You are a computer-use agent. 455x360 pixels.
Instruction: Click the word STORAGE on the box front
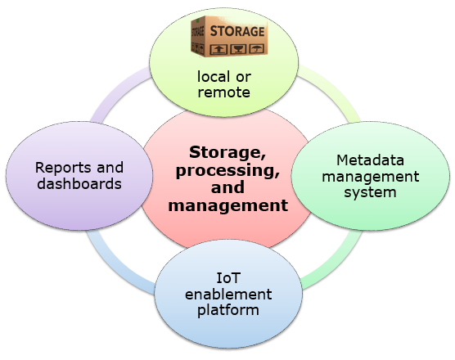pyautogui.click(x=237, y=31)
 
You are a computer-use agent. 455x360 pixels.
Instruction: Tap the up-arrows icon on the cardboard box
pyautogui.click(x=218, y=49)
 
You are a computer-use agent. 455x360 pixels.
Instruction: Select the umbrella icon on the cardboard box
pyautogui.click(x=256, y=48)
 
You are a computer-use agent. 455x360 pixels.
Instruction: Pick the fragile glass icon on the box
pyautogui.click(x=238, y=49)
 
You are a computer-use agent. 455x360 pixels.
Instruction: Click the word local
pyautogui.click(x=212, y=77)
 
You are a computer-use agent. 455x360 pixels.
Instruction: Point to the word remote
pyautogui.click(x=223, y=92)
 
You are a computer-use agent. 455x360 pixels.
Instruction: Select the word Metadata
pyautogui.click(x=370, y=160)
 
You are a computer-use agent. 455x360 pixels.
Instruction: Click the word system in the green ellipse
pyautogui.click(x=370, y=192)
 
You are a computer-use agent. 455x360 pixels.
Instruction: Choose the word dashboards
pyautogui.click(x=79, y=183)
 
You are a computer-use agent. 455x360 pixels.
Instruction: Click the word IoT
pyautogui.click(x=228, y=278)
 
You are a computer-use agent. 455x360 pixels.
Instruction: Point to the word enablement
pyautogui.click(x=228, y=295)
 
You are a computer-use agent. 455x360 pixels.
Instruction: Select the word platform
pyautogui.click(x=228, y=310)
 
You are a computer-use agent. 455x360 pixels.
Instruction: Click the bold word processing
pyautogui.click(x=227, y=170)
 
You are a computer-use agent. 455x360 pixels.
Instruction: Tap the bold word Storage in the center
pyautogui.click(x=227, y=152)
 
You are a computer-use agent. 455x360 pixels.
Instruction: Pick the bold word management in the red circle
pyautogui.click(x=228, y=205)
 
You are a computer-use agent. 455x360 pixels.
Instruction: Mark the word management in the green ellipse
pyautogui.click(x=371, y=177)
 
